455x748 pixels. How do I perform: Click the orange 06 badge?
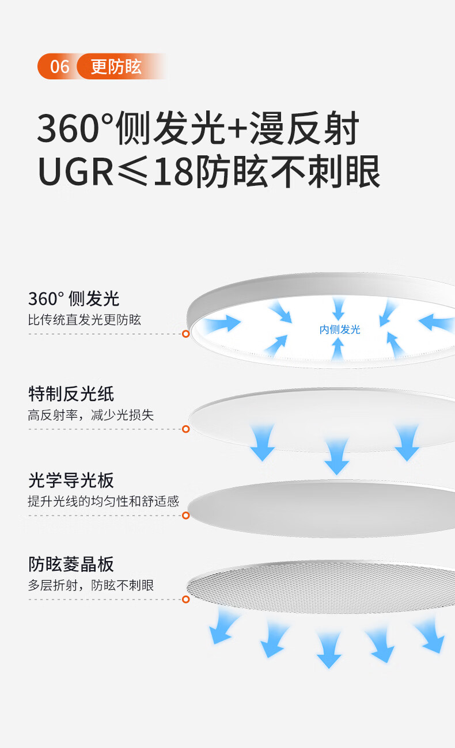coord(59,66)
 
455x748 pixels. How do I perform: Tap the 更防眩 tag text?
coord(116,66)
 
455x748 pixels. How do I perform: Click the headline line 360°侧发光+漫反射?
coord(198,129)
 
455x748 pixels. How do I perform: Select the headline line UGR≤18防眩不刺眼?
coord(209,171)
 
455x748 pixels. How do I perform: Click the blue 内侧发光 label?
coord(340,330)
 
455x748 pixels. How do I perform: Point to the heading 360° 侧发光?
coord(74,299)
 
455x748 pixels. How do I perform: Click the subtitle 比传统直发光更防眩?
coord(85,320)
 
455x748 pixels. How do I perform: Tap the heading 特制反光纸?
coord(71,394)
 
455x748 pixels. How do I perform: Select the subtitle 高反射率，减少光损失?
coord(91,415)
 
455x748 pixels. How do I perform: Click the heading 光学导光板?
coord(71,480)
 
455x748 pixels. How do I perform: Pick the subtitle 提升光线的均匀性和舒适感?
coord(104,501)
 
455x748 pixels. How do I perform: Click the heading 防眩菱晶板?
coord(71,564)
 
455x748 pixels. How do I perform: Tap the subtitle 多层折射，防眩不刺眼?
coord(91,585)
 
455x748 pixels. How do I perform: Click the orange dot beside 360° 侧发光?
coord(185,334)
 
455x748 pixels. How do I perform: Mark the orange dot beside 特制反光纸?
coord(185,429)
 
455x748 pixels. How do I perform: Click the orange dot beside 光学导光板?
coord(185,515)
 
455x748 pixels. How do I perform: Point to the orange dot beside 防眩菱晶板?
coord(185,600)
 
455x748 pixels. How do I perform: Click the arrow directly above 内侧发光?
coord(339,308)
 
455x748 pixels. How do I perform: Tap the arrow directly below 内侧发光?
coord(338,348)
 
